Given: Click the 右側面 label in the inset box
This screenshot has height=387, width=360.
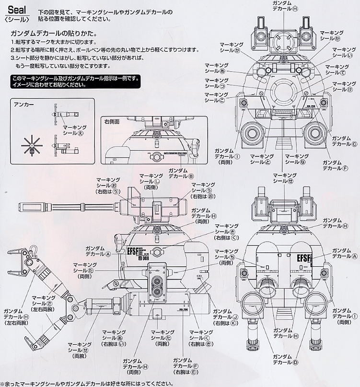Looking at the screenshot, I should tap(114, 122).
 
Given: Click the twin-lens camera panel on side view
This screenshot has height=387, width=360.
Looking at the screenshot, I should tap(156, 283).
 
